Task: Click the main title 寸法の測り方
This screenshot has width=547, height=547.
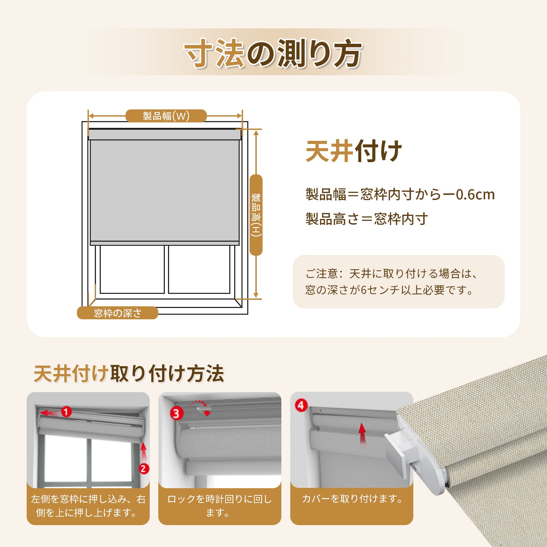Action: click(273, 53)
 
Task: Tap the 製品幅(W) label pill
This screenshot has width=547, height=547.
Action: click(166, 116)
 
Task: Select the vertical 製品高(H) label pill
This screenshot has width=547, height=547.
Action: click(256, 215)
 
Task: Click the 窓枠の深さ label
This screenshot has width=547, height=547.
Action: click(118, 313)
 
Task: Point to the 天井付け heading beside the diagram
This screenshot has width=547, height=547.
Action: click(354, 151)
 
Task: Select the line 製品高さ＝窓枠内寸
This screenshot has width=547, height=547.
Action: click(366, 219)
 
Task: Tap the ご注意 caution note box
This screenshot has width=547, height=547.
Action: click(399, 282)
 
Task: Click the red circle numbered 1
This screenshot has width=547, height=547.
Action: click(66, 412)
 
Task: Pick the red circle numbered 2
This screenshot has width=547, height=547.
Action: click(144, 468)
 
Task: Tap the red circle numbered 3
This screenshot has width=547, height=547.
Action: click(176, 414)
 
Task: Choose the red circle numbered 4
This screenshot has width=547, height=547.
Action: click(301, 405)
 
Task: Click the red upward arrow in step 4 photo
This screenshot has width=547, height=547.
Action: click(362, 433)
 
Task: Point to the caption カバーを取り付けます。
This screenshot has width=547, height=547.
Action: click(352, 499)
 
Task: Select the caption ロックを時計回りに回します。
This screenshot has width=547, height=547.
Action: click(219, 506)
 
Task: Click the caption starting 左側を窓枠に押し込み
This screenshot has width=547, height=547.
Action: click(88, 506)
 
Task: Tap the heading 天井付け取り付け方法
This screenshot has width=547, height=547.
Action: click(129, 374)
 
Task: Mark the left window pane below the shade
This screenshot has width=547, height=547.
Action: click(132, 269)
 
